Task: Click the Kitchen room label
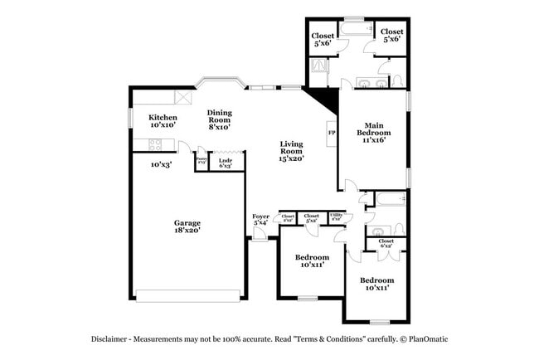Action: (x=163, y=120)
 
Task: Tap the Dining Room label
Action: (x=220, y=119)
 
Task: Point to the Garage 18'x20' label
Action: (x=187, y=226)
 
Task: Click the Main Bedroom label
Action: (x=373, y=132)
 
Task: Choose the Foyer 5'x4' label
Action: (x=260, y=220)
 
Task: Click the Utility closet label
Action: (x=337, y=217)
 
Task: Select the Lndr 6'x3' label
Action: (x=226, y=163)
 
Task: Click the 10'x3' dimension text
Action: (x=161, y=164)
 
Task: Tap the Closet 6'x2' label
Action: (x=386, y=244)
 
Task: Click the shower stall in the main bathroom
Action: (x=319, y=67)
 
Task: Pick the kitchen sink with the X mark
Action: (x=187, y=97)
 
